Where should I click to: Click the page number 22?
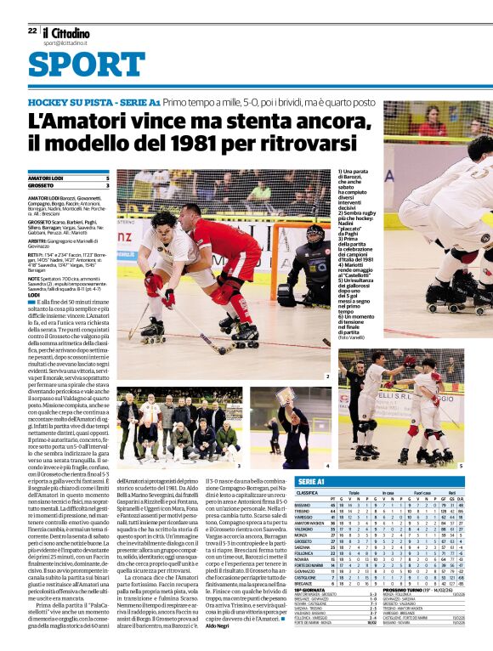[32, 30]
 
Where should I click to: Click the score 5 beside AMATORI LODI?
[107, 178]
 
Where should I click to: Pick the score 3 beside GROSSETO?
[107, 184]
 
